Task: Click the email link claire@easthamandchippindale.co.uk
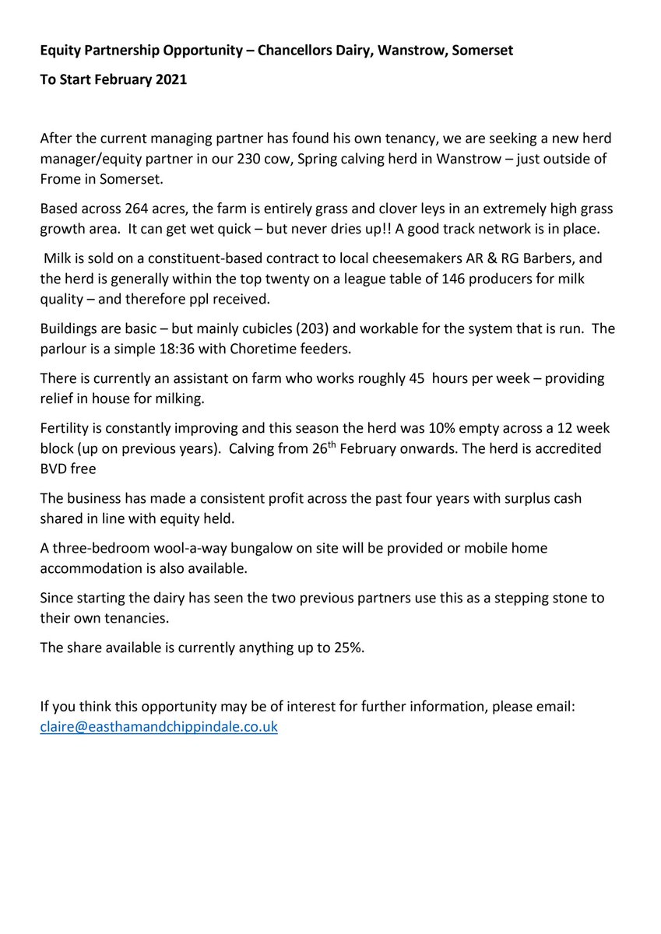click(159, 728)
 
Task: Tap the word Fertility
click(68, 430)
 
